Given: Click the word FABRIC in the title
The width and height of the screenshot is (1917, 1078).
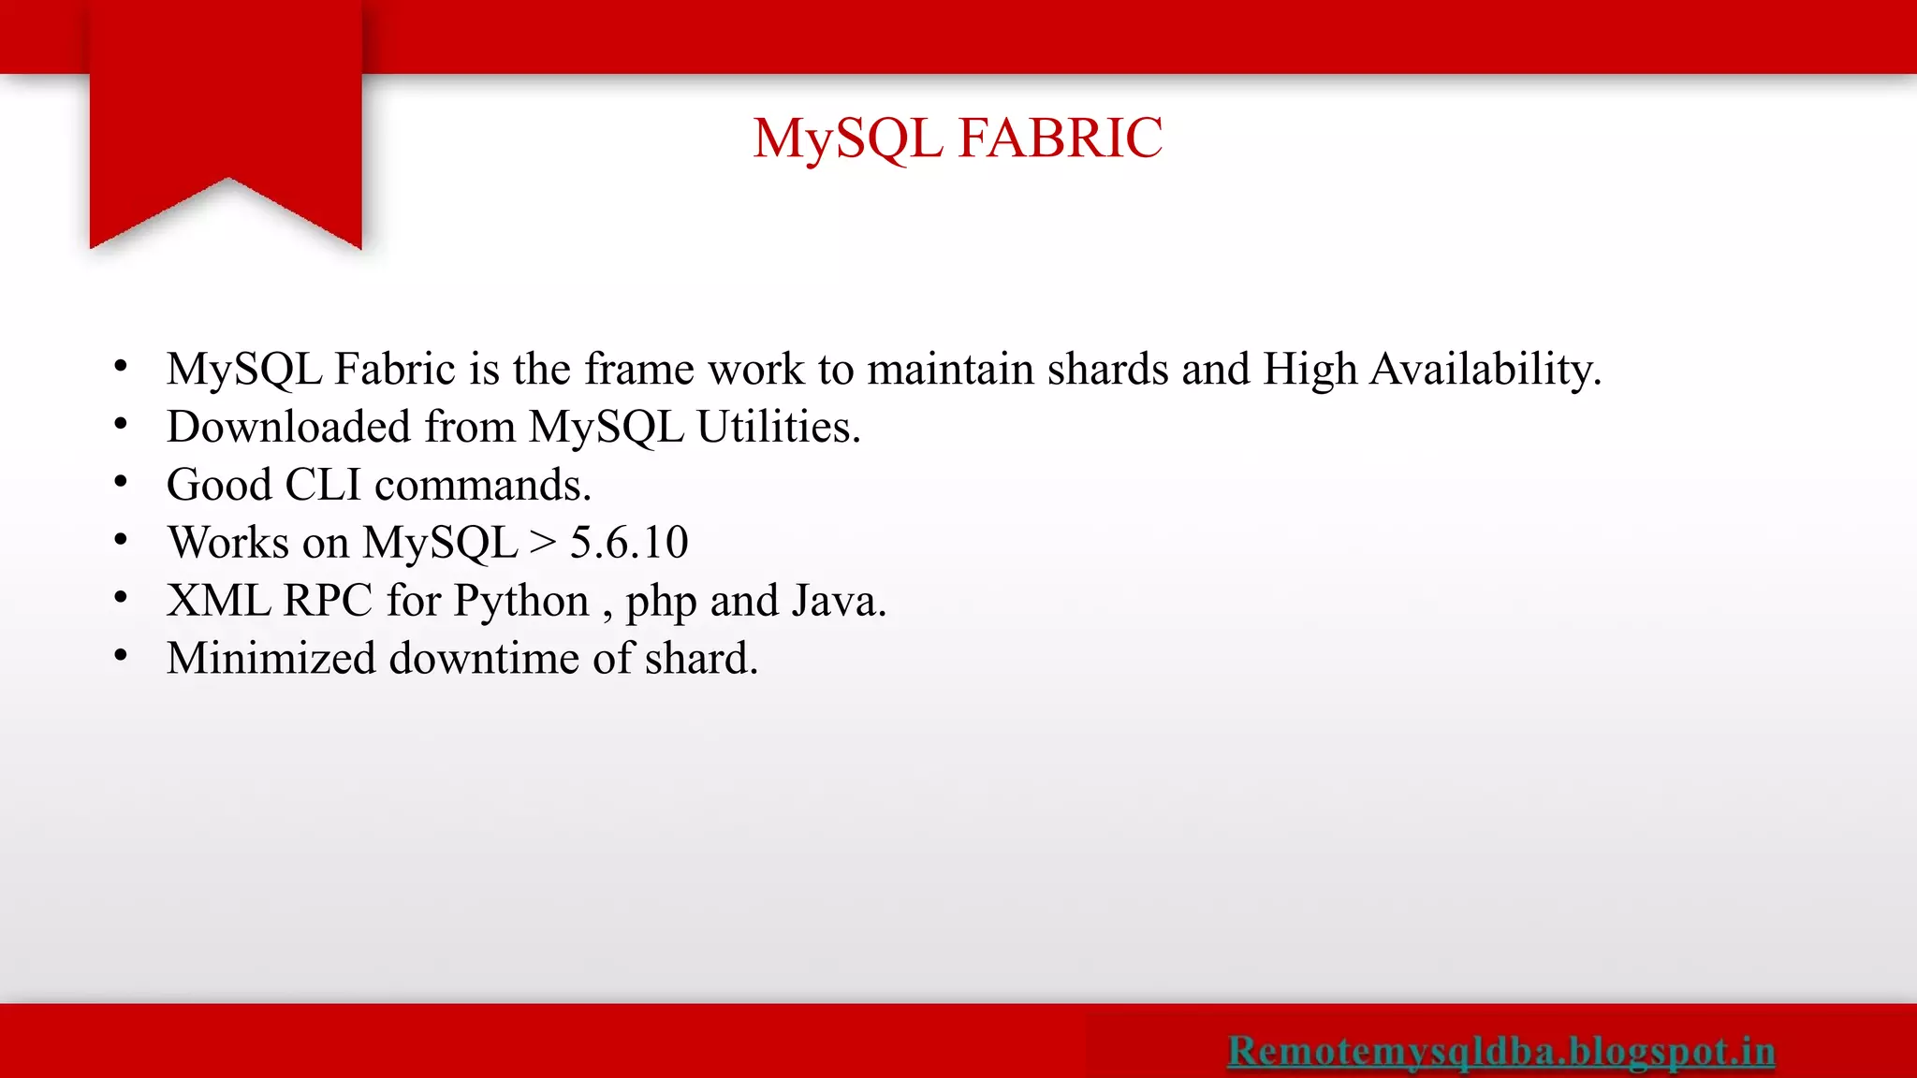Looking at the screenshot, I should pos(1061,138).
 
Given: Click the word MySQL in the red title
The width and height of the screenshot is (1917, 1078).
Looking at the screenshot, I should pos(847,138).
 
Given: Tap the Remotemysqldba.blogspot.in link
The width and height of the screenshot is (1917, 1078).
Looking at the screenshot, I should pos(1500,1050).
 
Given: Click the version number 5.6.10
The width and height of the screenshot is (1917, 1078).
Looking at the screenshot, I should pos(629,543).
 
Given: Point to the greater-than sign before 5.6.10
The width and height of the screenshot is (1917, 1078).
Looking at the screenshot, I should pos(543,543).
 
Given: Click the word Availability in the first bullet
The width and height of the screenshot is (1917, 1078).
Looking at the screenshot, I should pos(1485,370).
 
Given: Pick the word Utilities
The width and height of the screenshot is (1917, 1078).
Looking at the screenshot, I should pos(778,428).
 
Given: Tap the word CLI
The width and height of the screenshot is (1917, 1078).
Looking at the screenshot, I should pos(322,486).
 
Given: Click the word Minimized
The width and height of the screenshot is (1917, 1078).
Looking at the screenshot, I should pos(271,659).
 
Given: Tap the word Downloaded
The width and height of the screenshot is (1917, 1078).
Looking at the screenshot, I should pos(289,428).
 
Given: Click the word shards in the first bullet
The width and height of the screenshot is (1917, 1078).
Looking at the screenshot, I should pos(1108,370).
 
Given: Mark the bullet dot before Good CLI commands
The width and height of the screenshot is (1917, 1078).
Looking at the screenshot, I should pos(121,482).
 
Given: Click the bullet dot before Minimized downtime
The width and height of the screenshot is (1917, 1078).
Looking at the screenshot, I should pos(121,656).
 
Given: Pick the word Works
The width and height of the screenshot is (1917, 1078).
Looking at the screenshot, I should pos(228,543).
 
